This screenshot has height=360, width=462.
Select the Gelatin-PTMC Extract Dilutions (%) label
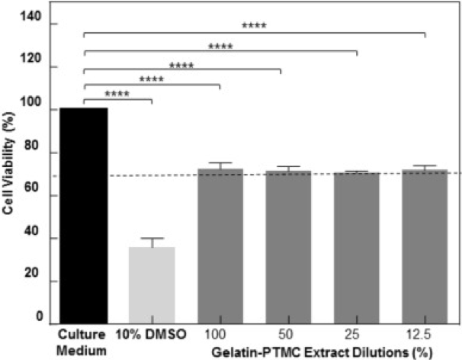point(329,352)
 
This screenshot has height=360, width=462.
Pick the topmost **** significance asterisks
point(254,26)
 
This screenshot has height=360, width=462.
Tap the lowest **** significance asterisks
point(117,95)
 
